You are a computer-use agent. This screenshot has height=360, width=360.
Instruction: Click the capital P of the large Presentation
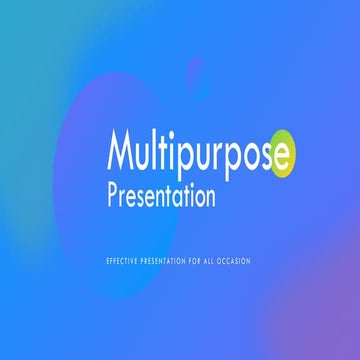[x=114, y=196]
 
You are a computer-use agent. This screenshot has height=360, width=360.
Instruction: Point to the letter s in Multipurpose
[x=267, y=158]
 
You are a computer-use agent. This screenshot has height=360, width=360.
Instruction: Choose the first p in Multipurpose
[x=186, y=160]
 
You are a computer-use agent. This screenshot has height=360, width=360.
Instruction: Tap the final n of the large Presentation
[x=209, y=198]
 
